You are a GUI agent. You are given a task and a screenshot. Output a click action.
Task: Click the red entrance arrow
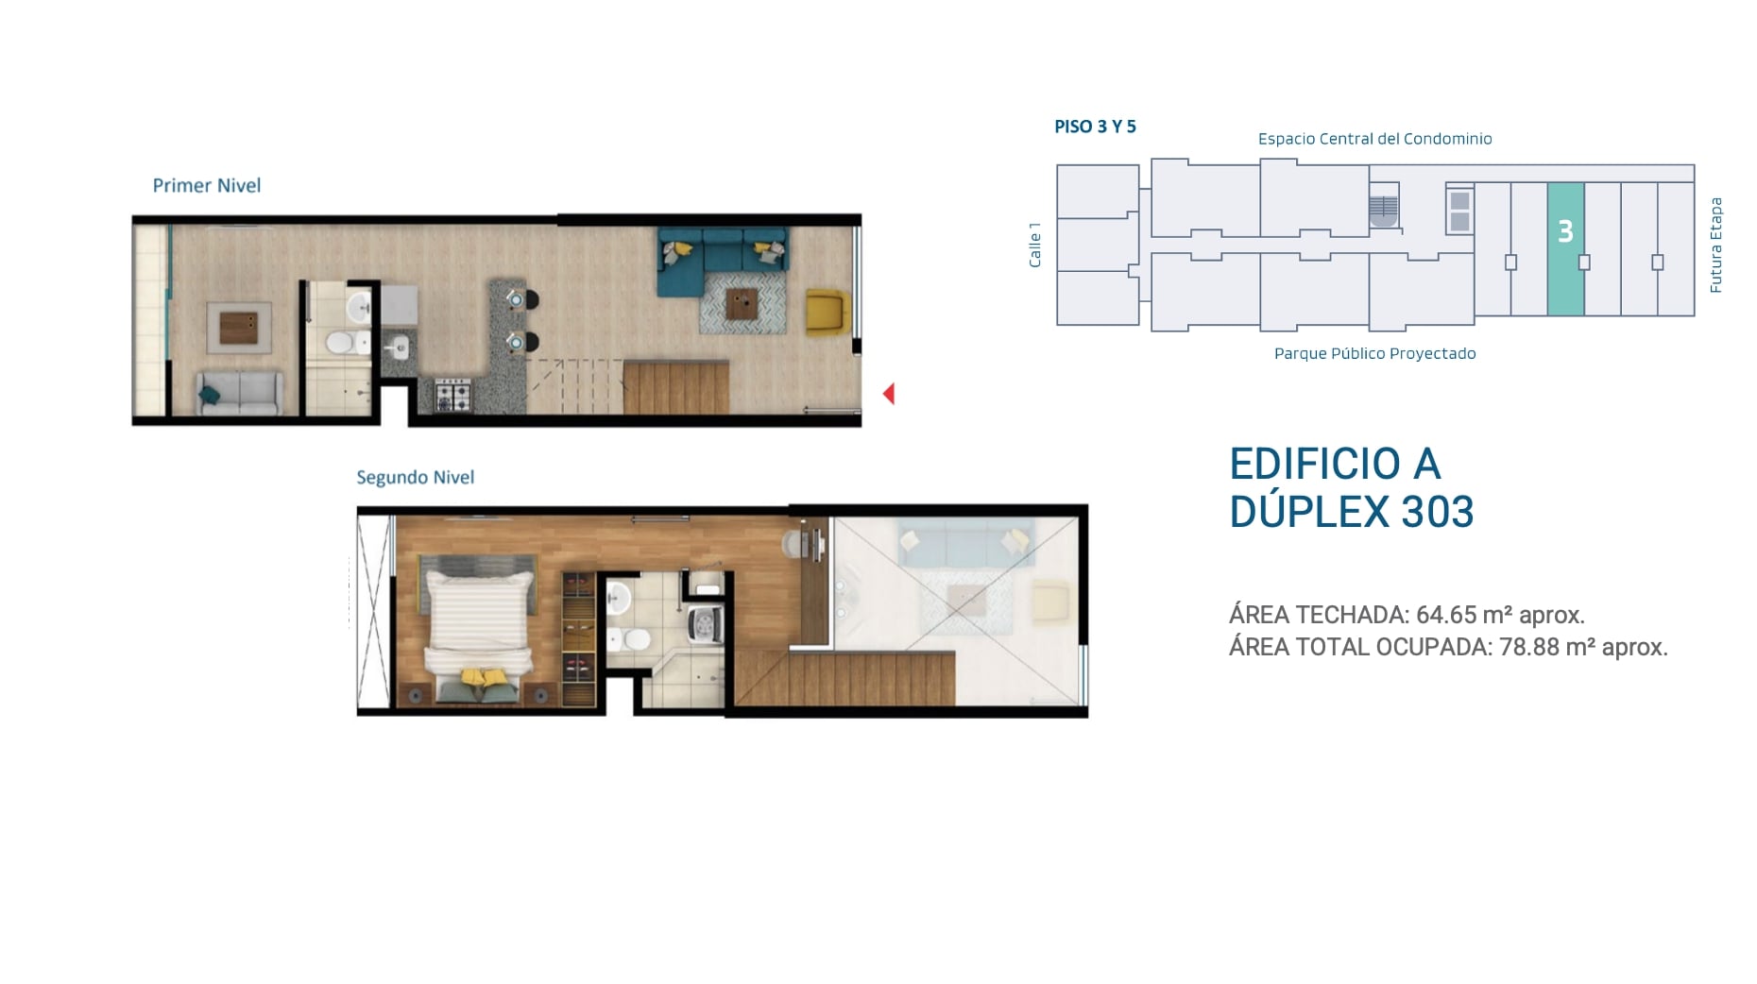pos(889,394)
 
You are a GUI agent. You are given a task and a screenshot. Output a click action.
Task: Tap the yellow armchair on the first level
pos(827,313)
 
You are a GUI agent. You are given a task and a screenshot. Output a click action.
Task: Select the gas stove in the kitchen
pos(452,394)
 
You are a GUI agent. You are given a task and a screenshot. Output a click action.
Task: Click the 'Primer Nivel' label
pos(207,185)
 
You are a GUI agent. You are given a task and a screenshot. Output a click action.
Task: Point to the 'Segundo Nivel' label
pos(416,477)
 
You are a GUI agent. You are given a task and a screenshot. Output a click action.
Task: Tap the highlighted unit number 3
pos(1565,231)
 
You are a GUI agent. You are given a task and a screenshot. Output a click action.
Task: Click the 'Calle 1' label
pos(1035,246)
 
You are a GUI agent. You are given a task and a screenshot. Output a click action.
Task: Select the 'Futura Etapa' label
pos(1716,246)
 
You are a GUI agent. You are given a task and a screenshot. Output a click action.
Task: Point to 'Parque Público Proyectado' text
pos(1374,353)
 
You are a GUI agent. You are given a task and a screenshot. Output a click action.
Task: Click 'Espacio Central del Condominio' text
pos(1374,139)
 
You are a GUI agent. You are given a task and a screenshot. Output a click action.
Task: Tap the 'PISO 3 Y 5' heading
pos(1095,127)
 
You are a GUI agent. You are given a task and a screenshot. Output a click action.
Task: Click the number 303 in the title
pos(1438,512)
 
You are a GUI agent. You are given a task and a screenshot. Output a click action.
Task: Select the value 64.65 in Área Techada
pos(1446,615)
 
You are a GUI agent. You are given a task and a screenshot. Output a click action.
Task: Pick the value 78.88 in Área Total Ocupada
pos(1529,647)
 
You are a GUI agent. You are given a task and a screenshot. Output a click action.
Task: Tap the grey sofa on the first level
pos(240,393)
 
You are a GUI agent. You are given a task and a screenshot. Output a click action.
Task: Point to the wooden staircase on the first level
pos(675,386)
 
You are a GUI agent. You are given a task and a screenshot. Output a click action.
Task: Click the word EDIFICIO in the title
pos(1315,464)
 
